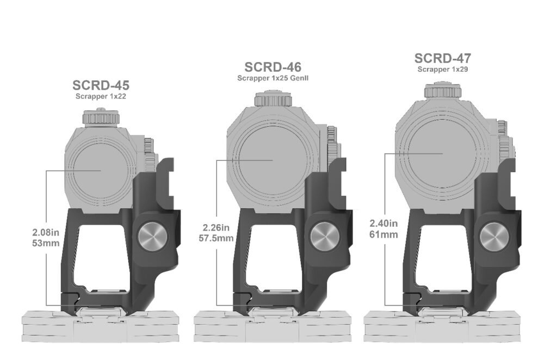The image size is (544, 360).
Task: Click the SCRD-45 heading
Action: click(x=101, y=85)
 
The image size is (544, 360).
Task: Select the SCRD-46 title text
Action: click(x=273, y=67)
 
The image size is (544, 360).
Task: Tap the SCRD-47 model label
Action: click(x=443, y=58)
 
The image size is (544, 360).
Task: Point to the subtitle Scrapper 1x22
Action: click(x=101, y=96)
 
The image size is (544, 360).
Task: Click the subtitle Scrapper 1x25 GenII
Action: click(x=273, y=78)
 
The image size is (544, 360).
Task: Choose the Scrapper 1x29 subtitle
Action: click(x=443, y=69)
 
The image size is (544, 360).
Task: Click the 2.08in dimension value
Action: click(x=46, y=232)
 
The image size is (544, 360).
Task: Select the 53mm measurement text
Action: click(x=46, y=243)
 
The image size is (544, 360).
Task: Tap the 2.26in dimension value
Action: click(x=216, y=227)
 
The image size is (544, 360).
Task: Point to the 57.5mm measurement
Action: click(x=216, y=239)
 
